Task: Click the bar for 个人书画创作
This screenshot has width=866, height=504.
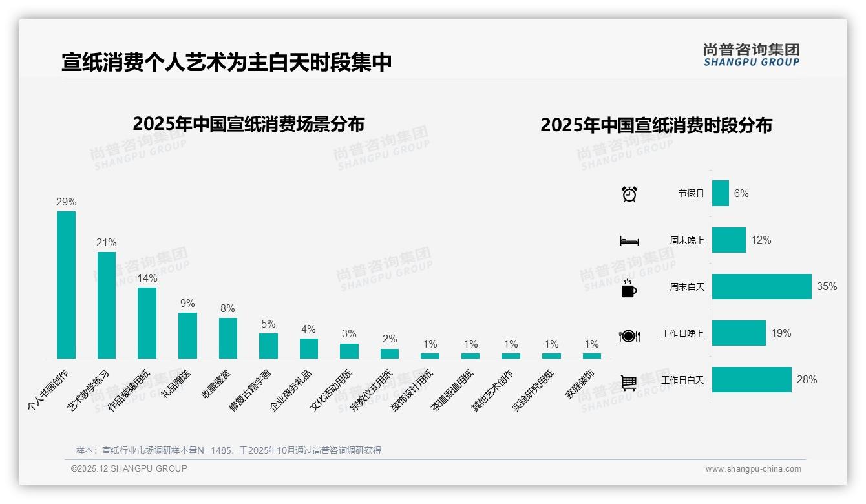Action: [66, 285]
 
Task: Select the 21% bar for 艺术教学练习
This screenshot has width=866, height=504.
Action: [107, 305]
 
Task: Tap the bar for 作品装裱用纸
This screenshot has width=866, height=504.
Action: [147, 323]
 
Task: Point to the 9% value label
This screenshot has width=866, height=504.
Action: [187, 304]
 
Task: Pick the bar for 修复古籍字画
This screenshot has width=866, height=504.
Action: [268, 346]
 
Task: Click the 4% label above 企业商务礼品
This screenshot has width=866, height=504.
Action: [308, 330]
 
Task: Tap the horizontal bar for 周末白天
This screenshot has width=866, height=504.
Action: [761, 287]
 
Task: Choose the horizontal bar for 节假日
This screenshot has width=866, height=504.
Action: [720, 193]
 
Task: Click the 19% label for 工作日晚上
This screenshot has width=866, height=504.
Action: [781, 333]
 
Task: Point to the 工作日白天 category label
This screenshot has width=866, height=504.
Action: [682, 380]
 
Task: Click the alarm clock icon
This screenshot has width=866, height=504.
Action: [629, 194]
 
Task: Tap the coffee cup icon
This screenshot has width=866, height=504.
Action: [629, 288]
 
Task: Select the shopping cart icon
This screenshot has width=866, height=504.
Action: [629, 383]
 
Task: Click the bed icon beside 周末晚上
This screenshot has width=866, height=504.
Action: [629, 241]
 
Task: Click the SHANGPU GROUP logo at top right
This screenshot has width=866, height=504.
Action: [751, 55]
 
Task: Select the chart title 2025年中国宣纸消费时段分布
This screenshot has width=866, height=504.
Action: [656, 125]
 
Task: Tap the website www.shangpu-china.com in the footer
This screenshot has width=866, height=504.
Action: [753, 469]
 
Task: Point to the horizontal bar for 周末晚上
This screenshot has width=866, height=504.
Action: [728, 240]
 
